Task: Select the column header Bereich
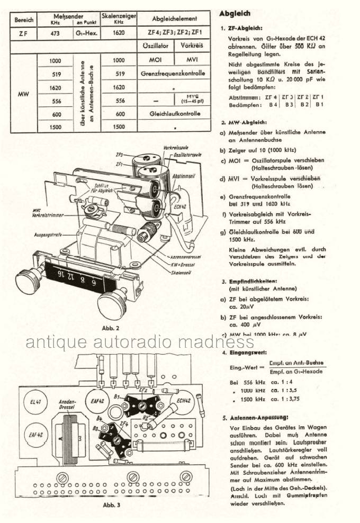coord(23,20)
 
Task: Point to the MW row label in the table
coord(23,94)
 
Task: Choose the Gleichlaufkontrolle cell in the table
coord(174,114)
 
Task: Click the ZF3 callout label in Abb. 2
coord(119,155)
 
